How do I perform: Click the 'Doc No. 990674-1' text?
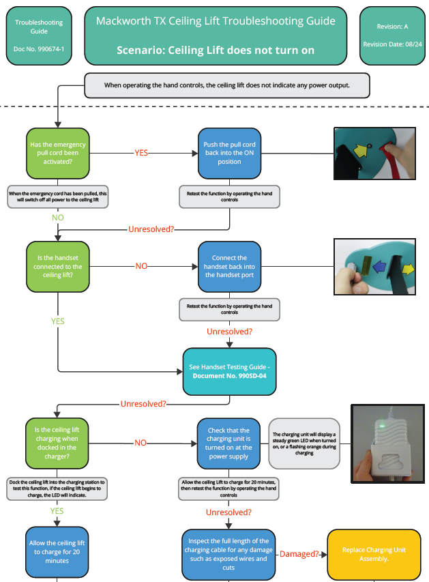pos(39,49)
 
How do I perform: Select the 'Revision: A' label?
pos(392,27)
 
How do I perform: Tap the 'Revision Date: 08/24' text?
pos(392,44)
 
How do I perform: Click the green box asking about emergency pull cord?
pos(58,152)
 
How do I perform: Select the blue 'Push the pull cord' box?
pos(229,152)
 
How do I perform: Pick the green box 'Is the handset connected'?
pos(58,266)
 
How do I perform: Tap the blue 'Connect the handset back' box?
pos(229,266)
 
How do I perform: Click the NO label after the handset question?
pos(141,266)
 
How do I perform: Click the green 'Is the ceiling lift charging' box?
pos(58,442)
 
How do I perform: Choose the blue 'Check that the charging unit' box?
pos(229,443)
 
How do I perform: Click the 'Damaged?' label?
pos(299,554)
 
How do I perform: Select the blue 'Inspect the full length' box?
pos(229,553)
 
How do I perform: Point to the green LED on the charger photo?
pos(385,426)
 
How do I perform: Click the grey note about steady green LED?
pos(304,443)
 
